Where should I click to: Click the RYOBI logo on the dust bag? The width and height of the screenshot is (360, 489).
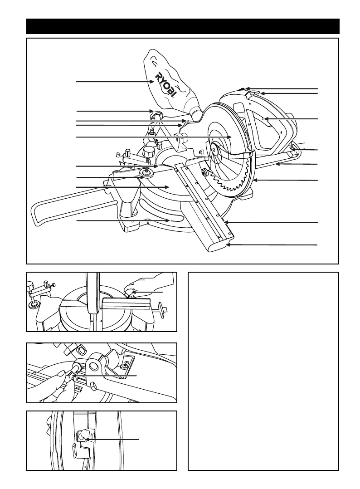point(166,85)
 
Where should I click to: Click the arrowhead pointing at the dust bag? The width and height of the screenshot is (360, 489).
point(153,82)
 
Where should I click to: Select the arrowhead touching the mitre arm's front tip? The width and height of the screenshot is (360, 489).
point(228,244)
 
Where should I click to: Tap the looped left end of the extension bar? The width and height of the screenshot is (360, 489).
point(36,215)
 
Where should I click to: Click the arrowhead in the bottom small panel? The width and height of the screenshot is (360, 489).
point(87,439)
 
